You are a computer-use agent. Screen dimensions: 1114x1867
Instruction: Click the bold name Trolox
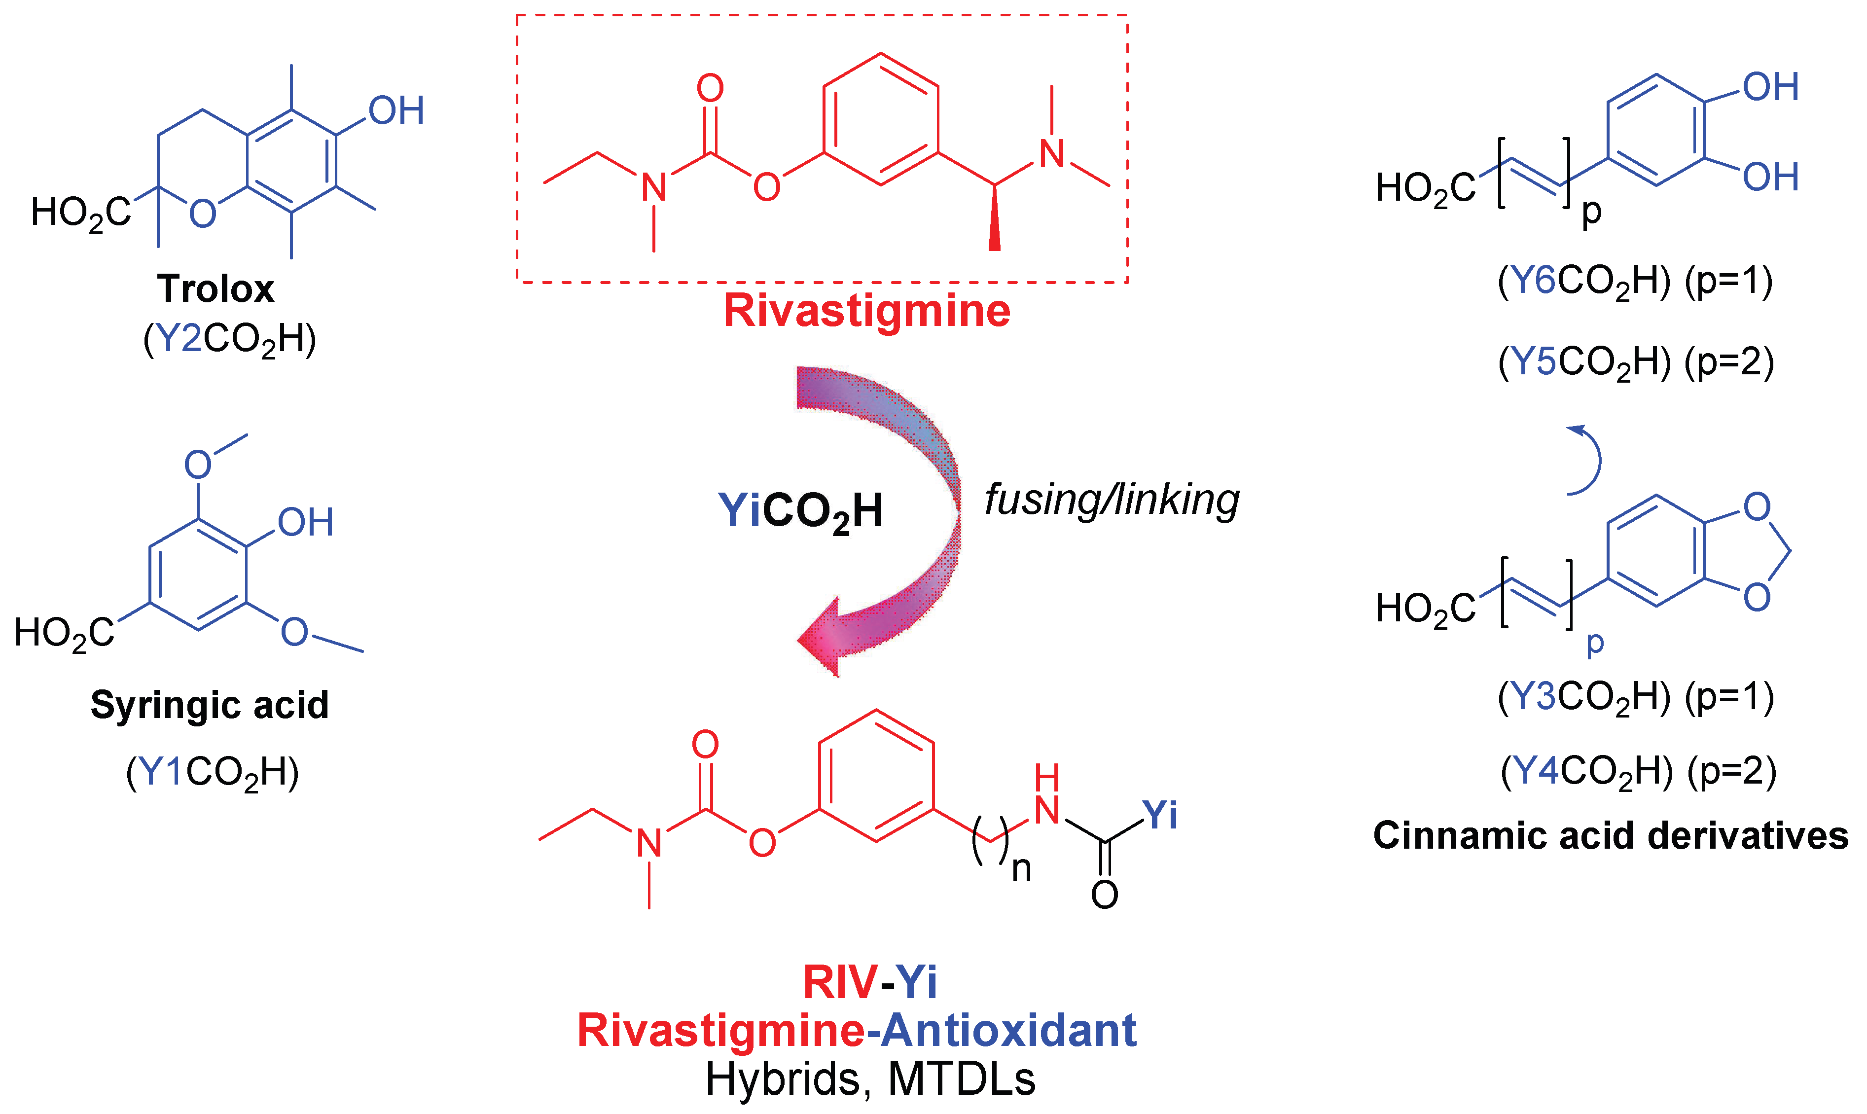[x=215, y=289]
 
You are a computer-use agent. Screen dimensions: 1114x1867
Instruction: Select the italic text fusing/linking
[x=1111, y=500]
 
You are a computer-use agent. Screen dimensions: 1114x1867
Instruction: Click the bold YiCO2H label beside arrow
[x=800, y=512]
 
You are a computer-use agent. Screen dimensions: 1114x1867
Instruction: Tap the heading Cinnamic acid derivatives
[x=1610, y=835]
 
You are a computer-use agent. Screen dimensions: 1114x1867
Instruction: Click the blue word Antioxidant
[x=1010, y=1030]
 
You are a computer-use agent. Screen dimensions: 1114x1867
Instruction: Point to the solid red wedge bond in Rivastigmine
[x=995, y=221]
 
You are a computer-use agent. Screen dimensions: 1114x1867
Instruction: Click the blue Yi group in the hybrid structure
[x=1160, y=815]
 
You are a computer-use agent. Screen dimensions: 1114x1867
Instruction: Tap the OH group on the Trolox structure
[x=395, y=111]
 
